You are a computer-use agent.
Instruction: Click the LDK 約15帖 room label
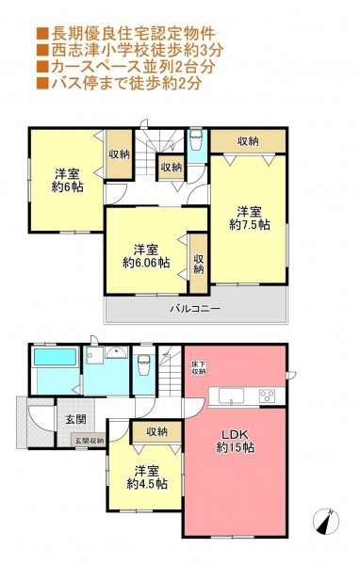pyautogui.click(x=236, y=441)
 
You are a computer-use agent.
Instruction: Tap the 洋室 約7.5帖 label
pyautogui.click(x=249, y=218)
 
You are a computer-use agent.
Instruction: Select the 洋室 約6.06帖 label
pyautogui.click(x=146, y=256)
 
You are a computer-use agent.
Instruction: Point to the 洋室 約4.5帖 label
pyautogui.click(x=147, y=476)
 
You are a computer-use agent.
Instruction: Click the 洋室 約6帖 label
pyautogui.click(x=68, y=181)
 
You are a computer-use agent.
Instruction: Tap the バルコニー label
pyautogui.click(x=195, y=309)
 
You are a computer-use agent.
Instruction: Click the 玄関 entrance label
pyautogui.click(x=75, y=419)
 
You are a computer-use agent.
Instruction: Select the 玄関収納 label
pyautogui.click(x=90, y=441)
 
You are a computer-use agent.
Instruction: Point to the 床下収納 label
pyautogui.click(x=199, y=367)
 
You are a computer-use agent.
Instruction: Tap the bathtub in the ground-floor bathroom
pyautogui.click(x=56, y=357)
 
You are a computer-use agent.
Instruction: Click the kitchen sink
pyautogui.click(x=232, y=396)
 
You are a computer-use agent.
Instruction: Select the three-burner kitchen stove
pyautogui.click(x=267, y=396)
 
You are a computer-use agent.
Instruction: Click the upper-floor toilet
pyautogui.click(x=197, y=139)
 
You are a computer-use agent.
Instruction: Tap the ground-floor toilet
pyautogui.click(x=143, y=364)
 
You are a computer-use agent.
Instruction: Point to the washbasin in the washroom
pyautogui.click(x=116, y=352)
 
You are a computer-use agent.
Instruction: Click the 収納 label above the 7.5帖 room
pyautogui.click(x=248, y=141)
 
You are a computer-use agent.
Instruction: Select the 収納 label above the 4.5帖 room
pyautogui.click(x=157, y=431)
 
